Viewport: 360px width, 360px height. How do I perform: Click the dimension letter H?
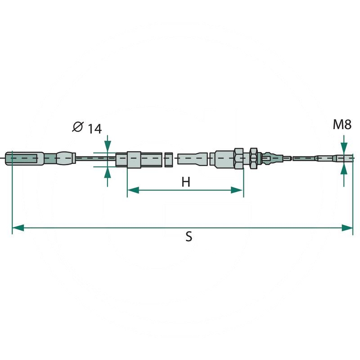coord(186,181)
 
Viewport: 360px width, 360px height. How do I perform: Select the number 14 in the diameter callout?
coord(94,129)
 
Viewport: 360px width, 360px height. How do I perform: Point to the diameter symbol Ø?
coord(77,128)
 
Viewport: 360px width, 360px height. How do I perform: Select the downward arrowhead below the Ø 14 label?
coord(107,147)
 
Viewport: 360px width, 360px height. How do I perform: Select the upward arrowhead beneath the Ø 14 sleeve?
coord(107,172)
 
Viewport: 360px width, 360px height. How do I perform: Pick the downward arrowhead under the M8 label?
coord(344,148)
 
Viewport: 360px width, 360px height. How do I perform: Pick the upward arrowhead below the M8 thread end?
coord(344,169)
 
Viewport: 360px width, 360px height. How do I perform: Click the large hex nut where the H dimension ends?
coord(238,158)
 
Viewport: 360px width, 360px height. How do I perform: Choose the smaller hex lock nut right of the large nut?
coord(253,158)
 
